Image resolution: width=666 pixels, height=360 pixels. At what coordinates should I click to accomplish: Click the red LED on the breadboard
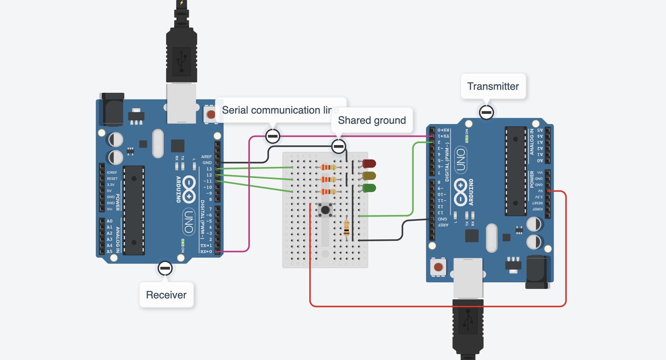coord(369,164)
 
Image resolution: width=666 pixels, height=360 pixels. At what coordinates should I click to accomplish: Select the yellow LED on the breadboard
coord(369,176)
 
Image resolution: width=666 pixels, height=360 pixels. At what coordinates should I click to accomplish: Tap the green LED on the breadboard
coord(369,188)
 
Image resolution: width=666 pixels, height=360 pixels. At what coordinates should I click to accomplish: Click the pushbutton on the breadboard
coord(325,210)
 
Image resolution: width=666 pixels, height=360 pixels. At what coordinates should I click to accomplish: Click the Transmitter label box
coord(493,86)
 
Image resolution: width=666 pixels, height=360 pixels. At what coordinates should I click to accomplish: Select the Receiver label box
coord(166,295)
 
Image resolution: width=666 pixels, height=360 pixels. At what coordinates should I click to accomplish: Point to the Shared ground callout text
coord(372,120)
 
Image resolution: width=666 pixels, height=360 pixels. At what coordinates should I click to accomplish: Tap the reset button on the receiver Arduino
coord(211,114)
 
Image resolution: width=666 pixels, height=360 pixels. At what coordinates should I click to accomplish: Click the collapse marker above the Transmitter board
coord(486,112)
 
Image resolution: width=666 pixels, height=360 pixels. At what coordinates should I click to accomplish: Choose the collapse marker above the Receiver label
coord(165,268)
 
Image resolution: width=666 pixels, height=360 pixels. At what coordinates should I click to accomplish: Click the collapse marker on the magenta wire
coord(273,136)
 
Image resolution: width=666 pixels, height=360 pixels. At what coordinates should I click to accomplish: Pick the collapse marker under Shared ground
coord(338,146)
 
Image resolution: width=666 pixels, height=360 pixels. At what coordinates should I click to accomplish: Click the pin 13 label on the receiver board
coord(209,169)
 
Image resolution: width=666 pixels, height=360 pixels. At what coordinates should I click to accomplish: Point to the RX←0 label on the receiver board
coord(206,251)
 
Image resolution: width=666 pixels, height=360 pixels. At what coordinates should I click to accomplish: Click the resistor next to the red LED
coord(328,167)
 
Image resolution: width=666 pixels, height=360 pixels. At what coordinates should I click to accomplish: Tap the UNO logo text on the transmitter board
coord(461,159)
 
